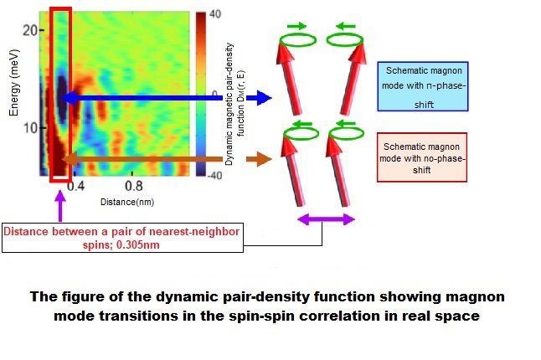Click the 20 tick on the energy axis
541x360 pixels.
click(30, 31)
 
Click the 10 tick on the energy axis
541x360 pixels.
click(30, 128)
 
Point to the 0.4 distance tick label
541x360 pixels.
click(75, 187)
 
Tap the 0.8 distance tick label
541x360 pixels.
click(134, 187)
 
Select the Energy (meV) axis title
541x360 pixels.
click(13, 83)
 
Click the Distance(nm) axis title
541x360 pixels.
click(127, 202)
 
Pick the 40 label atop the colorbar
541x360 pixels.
click(214, 14)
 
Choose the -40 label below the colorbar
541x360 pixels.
click(214, 176)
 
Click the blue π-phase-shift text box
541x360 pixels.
click(423, 86)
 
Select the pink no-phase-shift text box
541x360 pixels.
click(422, 157)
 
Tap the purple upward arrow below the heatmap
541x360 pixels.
click(60, 206)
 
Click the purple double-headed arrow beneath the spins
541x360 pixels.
click(326, 219)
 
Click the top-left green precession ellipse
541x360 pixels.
click(298, 39)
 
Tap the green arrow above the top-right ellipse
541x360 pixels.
click(347, 26)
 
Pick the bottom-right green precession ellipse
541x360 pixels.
click(346, 133)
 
